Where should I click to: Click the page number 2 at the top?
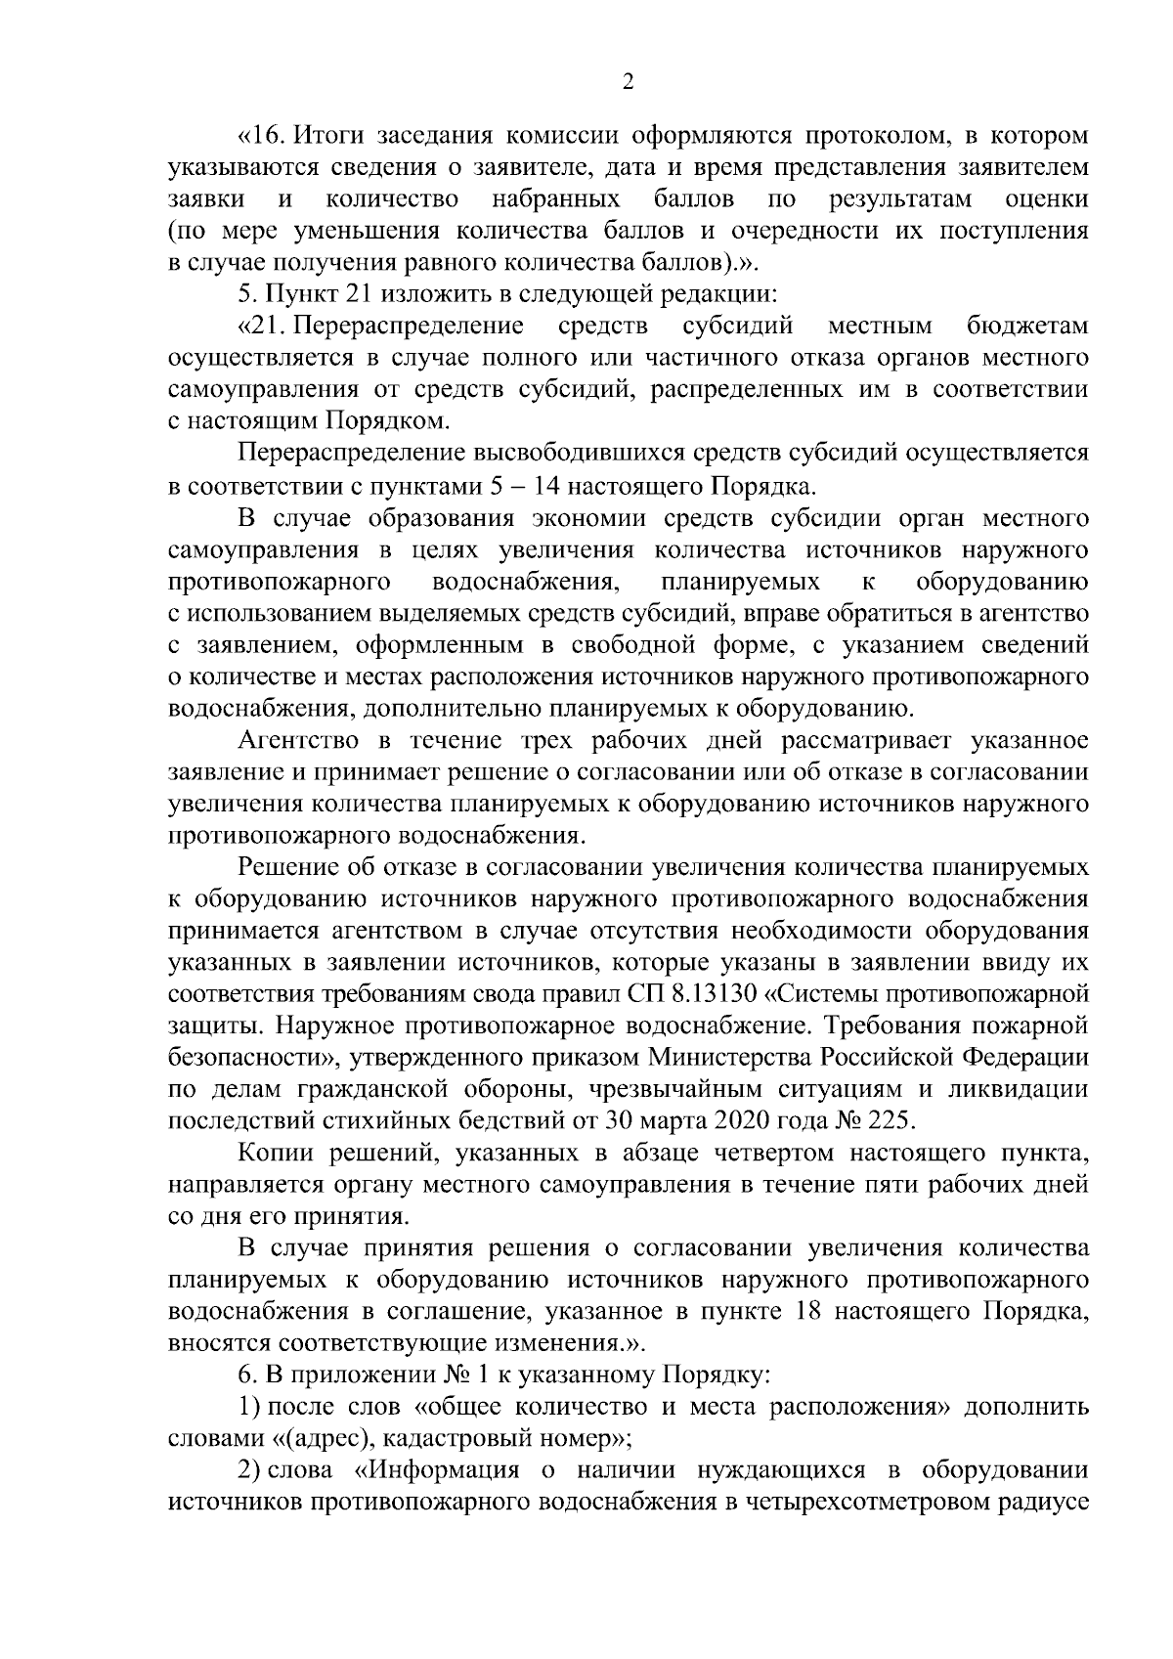point(629,83)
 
